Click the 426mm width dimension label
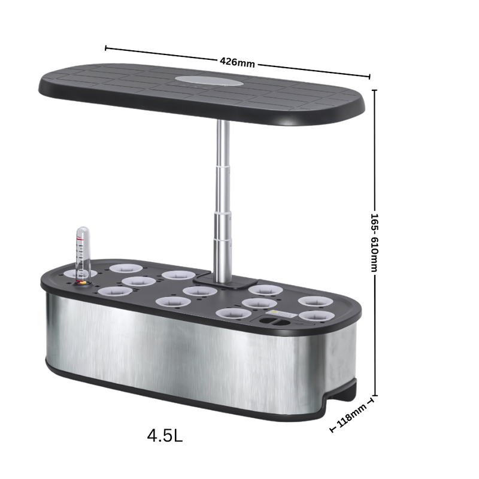[x=237, y=62]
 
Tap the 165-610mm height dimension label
[x=374, y=243]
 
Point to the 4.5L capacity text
[x=165, y=435]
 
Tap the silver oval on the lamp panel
[x=209, y=81]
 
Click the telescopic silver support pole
[x=223, y=201]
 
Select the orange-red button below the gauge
[x=82, y=283]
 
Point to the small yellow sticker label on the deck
[x=281, y=313]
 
